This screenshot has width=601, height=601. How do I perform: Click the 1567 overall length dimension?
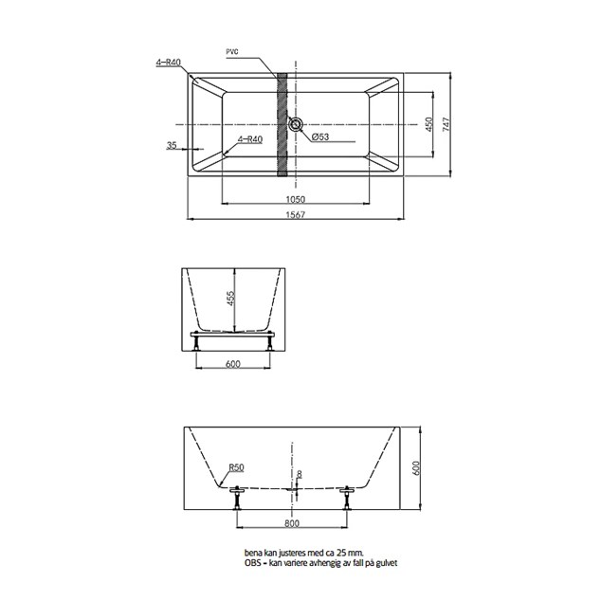pos(296,214)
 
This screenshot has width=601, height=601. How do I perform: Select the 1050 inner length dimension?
pos(296,199)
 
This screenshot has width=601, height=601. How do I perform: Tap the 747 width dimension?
pos(446,124)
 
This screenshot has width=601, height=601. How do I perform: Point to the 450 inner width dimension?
pos(428,124)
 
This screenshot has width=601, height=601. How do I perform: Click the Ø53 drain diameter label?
pos(320,137)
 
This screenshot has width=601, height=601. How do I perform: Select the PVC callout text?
pos(232,52)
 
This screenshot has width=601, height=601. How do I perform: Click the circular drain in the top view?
pos(296,124)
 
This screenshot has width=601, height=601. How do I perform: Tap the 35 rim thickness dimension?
pos(172,145)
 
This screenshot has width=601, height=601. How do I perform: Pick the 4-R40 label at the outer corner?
pos(169,63)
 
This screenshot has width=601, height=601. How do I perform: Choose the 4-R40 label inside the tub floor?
pos(250,139)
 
